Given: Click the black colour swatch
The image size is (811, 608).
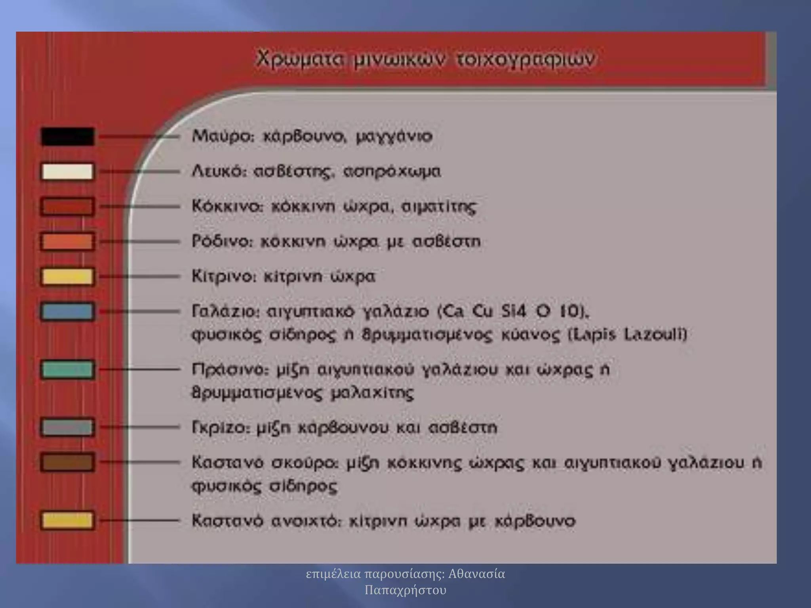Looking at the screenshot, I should point(68,137).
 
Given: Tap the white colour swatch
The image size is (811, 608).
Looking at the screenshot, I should point(68,172).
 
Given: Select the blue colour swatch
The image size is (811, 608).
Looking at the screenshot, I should point(68,312).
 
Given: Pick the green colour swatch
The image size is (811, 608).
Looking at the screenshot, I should point(68,370).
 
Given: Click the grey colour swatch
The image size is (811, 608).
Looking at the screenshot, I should point(68,427).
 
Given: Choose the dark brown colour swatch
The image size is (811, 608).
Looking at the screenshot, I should point(68,462).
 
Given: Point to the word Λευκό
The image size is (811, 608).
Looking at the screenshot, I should point(219,172).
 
